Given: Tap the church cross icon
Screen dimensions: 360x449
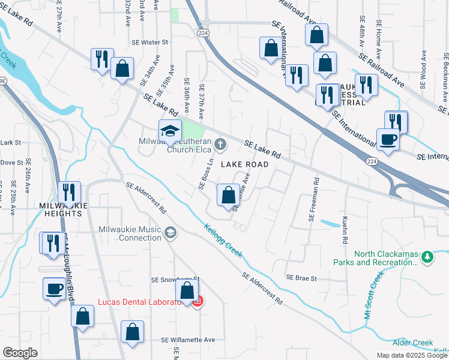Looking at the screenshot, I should click(220, 144).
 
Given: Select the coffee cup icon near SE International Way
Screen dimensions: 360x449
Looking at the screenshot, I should click(388, 140).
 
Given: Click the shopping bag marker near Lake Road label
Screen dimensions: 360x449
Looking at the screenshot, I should click(228, 195).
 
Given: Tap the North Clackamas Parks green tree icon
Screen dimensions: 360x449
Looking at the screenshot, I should click(427, 257).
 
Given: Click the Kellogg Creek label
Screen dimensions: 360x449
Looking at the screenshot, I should click(223, 241).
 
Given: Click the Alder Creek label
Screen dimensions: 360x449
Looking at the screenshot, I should click(412, 343).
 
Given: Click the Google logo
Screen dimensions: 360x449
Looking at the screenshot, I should click(20, 353).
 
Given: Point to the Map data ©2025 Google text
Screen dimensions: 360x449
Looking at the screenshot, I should click(411, 355).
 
